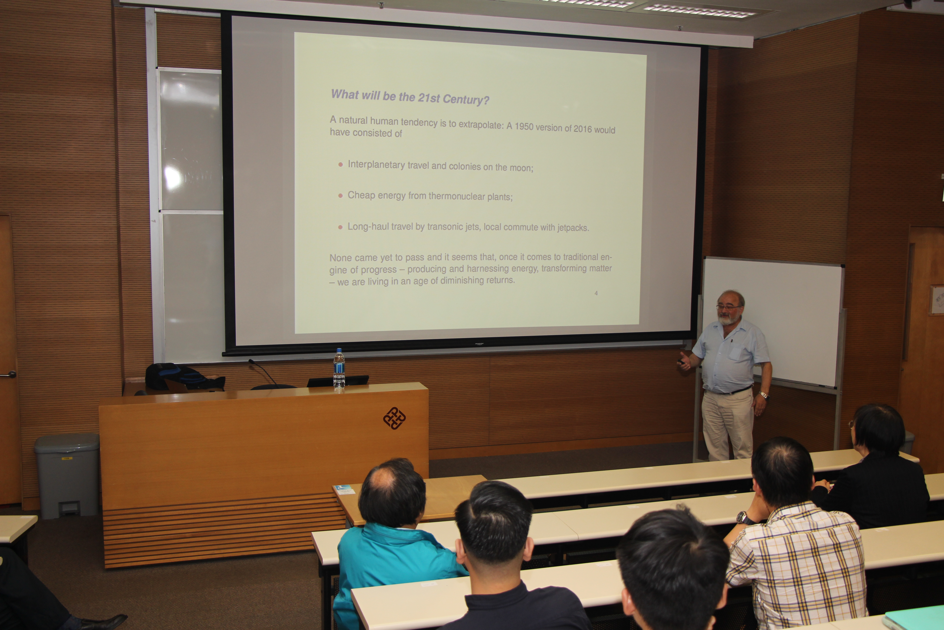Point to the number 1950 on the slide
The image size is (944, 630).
pyautogui.click(x=524, y=126)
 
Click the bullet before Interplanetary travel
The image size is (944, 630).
pyautogui.click(x=340, y=164)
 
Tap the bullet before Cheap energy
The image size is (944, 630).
pyautogui.click(x=340, y=196)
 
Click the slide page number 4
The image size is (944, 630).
pyautogui.click(x=596, y=293)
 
